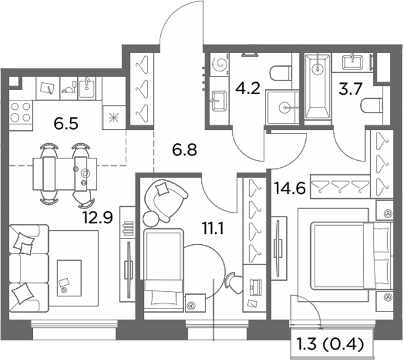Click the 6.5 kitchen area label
click(x=66, y=124)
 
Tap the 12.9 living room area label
click(x=98, y=217)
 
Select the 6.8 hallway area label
click(x=184, y=150)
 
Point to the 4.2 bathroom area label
click(x=248, y=88)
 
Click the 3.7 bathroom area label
click(x=350, y=89)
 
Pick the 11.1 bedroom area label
click(x=213, y=229)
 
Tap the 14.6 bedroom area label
click(x=290, y=188)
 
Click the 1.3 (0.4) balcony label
click(x=330, y=344)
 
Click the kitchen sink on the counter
click(x=87, y=88)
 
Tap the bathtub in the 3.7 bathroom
click(x=318, y=87)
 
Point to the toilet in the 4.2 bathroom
click(x=280, y=73)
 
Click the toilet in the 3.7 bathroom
click(x=371, y=106)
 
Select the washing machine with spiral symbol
click(x=219, y=64)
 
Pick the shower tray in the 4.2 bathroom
click(x=283, y=107)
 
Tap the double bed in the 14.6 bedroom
click(x=351, y=256)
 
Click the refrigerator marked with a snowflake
click(x=114, y=117)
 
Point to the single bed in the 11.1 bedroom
click(x=164, y=269)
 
